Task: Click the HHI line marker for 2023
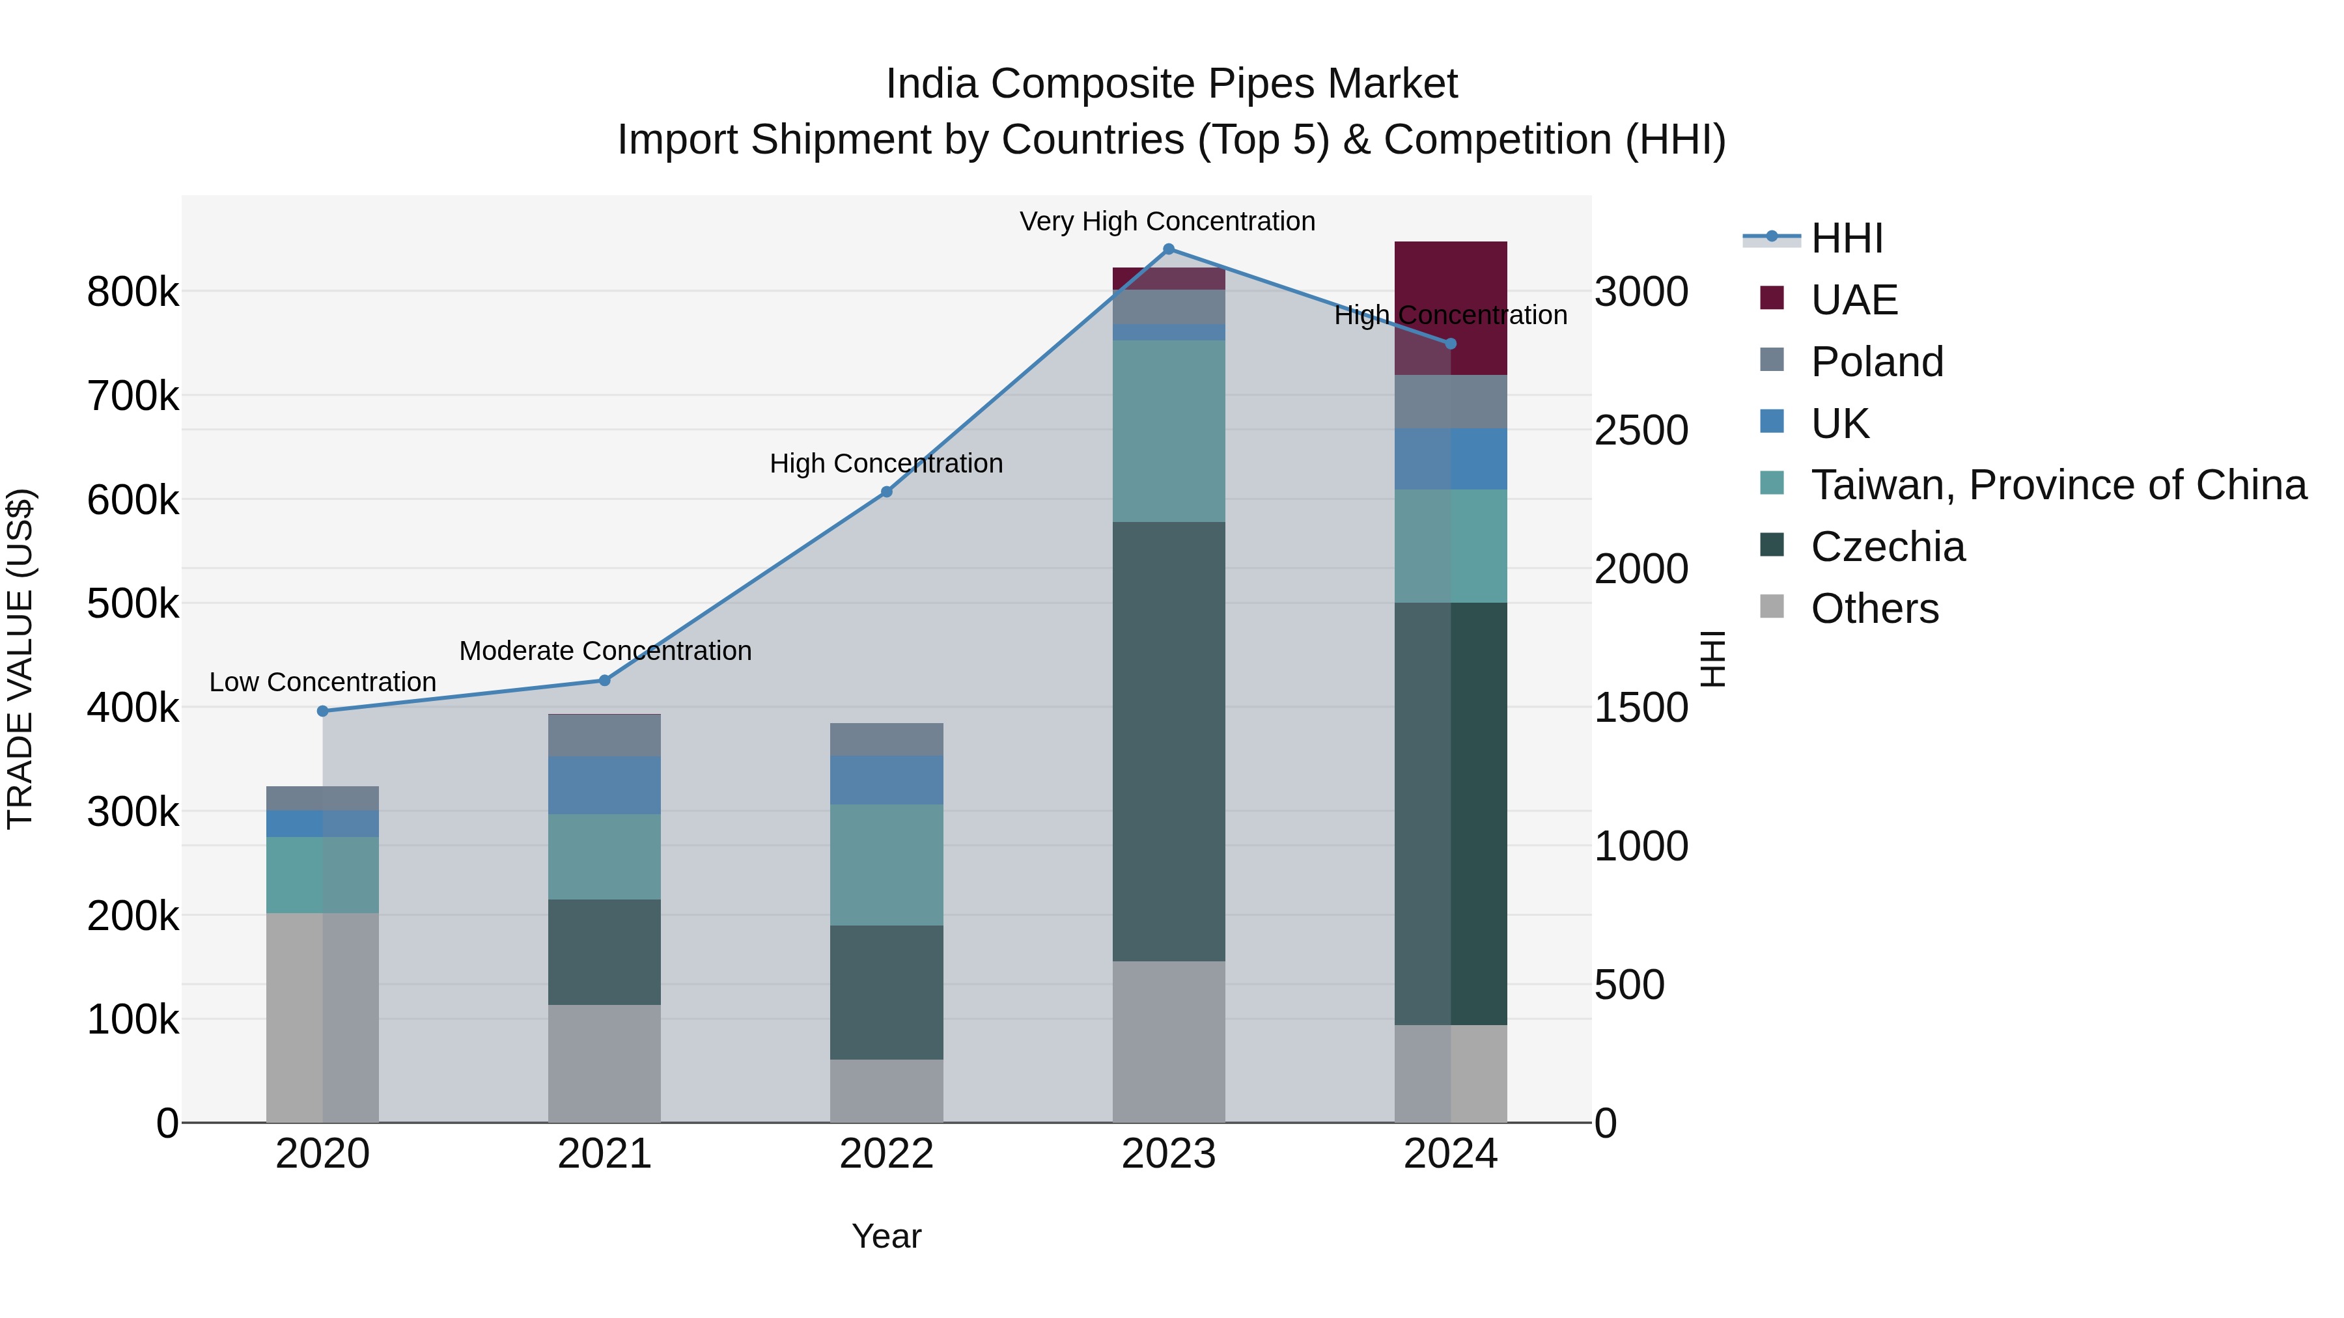coord(1168,249)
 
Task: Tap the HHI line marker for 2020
coord(322,711)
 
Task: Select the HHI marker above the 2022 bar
coord(886,492)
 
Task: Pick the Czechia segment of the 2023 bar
coord(1168,741)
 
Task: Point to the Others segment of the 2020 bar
coord(322,1017)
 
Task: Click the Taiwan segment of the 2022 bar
coord(886,864)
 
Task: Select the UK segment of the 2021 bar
coord(604,784)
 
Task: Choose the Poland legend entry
coord(1877,362)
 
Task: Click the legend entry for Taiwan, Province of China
coord(2058,485)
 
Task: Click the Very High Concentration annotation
coord(1167,221)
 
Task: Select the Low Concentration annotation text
coord(322,681)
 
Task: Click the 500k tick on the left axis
coord(133,603)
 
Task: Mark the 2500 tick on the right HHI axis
coord(1641,430)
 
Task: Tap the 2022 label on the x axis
coord(886,1153)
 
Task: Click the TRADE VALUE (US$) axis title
coord(20,659)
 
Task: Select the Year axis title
coord(886,1236)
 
